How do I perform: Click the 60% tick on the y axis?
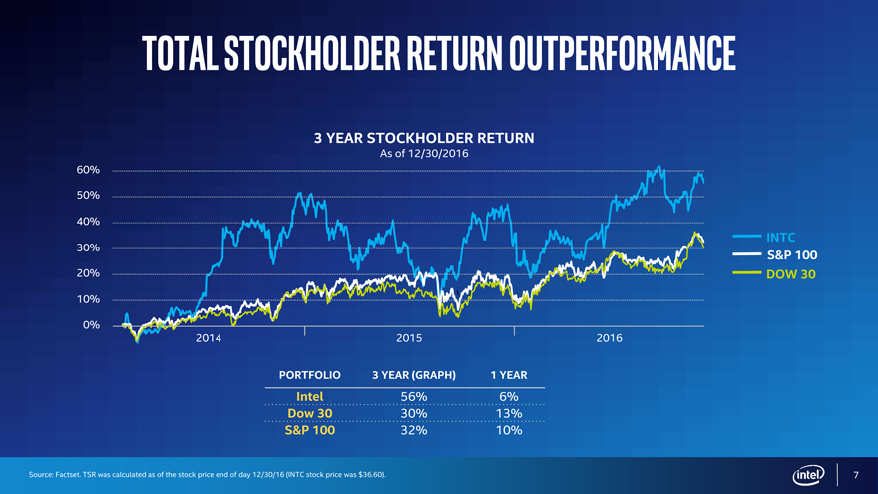coord(87,170)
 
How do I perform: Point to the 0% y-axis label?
coord(90,326)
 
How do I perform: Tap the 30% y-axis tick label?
coord(87,247)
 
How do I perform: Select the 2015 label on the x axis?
coord(409,339)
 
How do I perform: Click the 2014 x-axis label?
coord(208,339)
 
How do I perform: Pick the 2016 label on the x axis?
coord(609,339)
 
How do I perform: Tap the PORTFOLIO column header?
coord(310,376)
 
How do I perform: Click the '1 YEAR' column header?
coord(508,376)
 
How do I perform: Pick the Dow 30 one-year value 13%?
coord(509,414)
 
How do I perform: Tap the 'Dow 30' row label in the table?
coord(309,414)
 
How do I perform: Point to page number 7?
coord(855,473)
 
